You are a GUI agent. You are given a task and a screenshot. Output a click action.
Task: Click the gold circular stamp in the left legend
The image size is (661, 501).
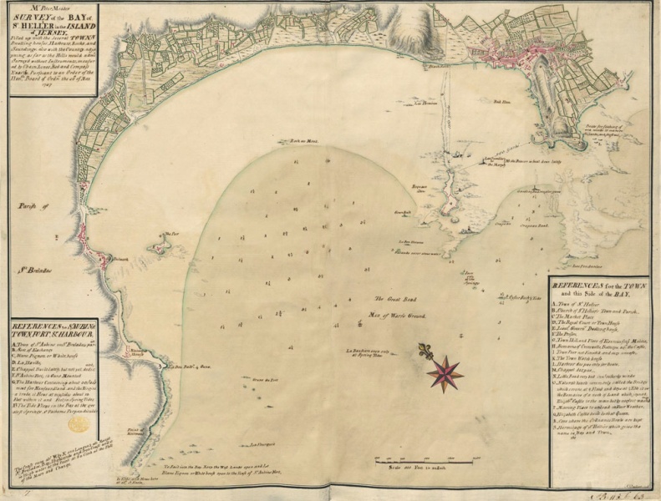click(x=77, y=424)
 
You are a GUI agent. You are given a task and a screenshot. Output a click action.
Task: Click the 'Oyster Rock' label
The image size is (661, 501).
click(x=515, y=295)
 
